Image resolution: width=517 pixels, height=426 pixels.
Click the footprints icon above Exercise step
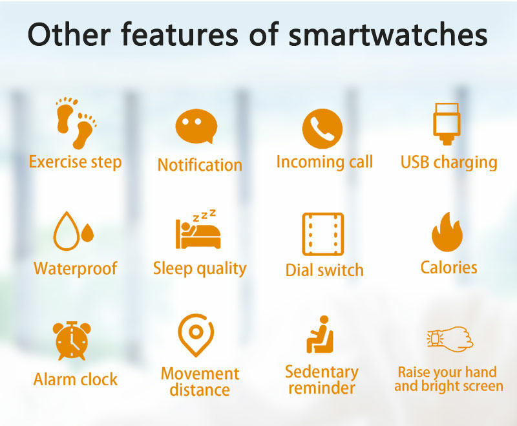[x=76, y=123]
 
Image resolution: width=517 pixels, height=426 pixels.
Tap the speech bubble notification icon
[x=196, y=126]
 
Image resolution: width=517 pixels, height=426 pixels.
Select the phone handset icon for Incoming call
[x=322, y=129]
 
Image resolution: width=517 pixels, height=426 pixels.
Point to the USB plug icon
[x=447, y=124]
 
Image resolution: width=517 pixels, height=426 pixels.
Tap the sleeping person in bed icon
[x=198, y=229]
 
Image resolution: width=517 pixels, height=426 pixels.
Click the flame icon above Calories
[x=447, y=232]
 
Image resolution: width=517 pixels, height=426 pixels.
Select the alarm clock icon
[x=72, y=341]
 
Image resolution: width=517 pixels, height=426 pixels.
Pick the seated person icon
[x=320, y=334]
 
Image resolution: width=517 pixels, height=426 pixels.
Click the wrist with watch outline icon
[x=450, y=339]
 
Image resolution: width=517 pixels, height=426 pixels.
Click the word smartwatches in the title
[x=388, y=35]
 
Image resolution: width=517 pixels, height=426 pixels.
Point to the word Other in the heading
[x=69, y=34]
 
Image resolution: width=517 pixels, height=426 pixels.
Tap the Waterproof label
[x=76, y=268]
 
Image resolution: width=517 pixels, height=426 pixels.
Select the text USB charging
[x=448, y=162]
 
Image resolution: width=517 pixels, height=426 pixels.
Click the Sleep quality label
[x=200, y=268]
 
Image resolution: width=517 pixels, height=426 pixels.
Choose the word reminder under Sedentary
[x=321, y=388]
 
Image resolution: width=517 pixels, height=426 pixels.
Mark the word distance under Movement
[x=200, y=390]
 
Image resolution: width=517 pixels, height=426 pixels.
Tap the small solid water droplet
[x=87, y=233]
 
